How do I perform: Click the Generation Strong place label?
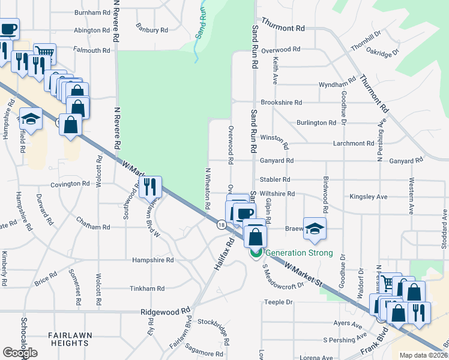pos(298,253)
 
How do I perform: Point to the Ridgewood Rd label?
pos(165,312)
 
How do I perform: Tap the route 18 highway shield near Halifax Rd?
pos(222,224)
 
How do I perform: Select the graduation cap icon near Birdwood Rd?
pos(315,227)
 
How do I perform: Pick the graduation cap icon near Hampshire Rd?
pos(31,118)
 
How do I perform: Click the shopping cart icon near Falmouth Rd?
pos(44,53)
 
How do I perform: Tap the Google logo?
pos(20,353)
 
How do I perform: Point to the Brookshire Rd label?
pos(281,103)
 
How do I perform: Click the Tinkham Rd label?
pos(147,289)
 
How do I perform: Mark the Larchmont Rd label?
pos(354,144)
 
